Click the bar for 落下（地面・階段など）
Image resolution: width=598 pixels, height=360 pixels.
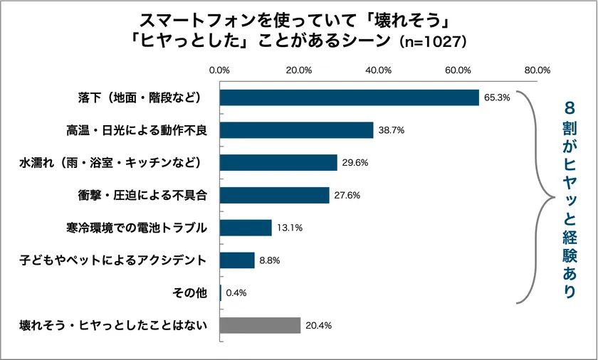(x=349, y=97)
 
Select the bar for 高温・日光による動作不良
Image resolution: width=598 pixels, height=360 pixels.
(x=296, y=130)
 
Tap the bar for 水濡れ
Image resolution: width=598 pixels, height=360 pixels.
(x=278, y=163)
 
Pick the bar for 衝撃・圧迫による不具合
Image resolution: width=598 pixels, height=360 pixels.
(x=274, y=195)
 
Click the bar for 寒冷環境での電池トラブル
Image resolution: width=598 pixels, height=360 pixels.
(x=246, y=228)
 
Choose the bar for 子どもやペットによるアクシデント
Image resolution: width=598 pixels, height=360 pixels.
(x=237, y=260)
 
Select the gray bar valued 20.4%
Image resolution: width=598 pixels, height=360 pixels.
(x=260, y=325)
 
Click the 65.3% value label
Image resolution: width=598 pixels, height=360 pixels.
(x=497, y=98)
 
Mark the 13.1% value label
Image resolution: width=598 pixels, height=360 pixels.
(x=290, y=228)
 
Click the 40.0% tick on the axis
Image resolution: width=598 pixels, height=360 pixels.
(x=378, y=70)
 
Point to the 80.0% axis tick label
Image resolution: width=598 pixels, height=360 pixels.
(x=537, y=70)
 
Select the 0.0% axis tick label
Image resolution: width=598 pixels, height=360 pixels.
(x=219, y=70)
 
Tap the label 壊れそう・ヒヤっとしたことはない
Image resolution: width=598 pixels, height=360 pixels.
(x=113, y=325)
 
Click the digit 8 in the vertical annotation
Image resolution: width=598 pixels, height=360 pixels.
(x=569, y=108)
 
